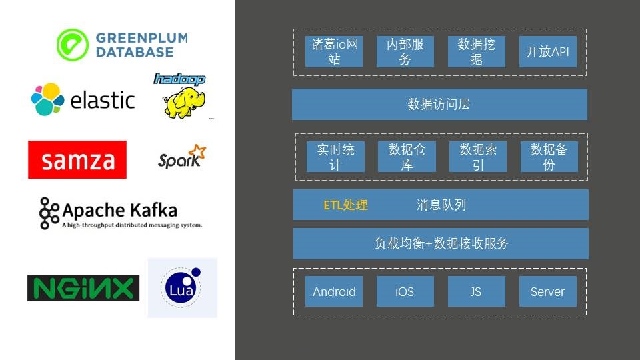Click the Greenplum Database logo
[x=122, y=45]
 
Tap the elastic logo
[x=83, y=100]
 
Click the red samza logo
[x=77, y=160]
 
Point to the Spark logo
[x=182, y=157]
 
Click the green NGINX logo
[x=83, y=288]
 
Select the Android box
[x=334, y=291]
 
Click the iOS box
[x=405, y=291]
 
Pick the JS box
[x=476, y=291]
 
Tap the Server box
[x=547, y=291]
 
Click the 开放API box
[x=547, y=52]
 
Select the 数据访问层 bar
[x=439, y=105]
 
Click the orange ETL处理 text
[x=345, y=205]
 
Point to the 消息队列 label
[x=441, y=205]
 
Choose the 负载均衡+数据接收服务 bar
[x=441, y=243]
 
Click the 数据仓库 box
[x=407, y=157]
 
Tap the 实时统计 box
[x=335, y=157]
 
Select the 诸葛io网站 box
[x=334, y=52]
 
